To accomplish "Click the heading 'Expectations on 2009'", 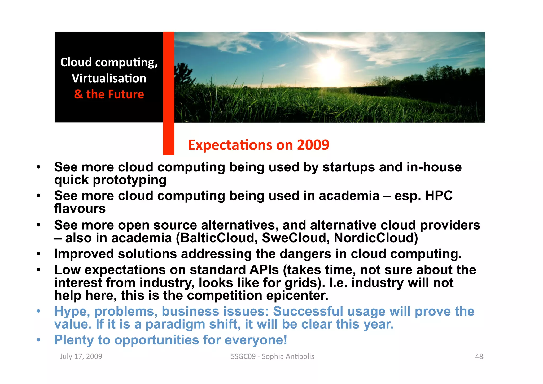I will click(x=258, y=145).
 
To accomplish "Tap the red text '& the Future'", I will click(x=109, y=94).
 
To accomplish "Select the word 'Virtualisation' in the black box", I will click(x=109, y=78).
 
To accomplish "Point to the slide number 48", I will click(x=479, y=356).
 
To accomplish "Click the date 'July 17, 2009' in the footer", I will click(x=81, y=356).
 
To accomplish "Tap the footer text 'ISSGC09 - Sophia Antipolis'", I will click(x=271, y=356).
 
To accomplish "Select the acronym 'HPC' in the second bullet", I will click(x=439, y=196).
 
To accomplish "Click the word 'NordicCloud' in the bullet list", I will click(x=376, y=238).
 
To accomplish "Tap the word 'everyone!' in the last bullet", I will click(x=256, y=340).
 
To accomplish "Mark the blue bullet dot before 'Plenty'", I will click(x=39, y=340).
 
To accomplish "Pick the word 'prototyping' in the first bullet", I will click(x=130, y=180).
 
